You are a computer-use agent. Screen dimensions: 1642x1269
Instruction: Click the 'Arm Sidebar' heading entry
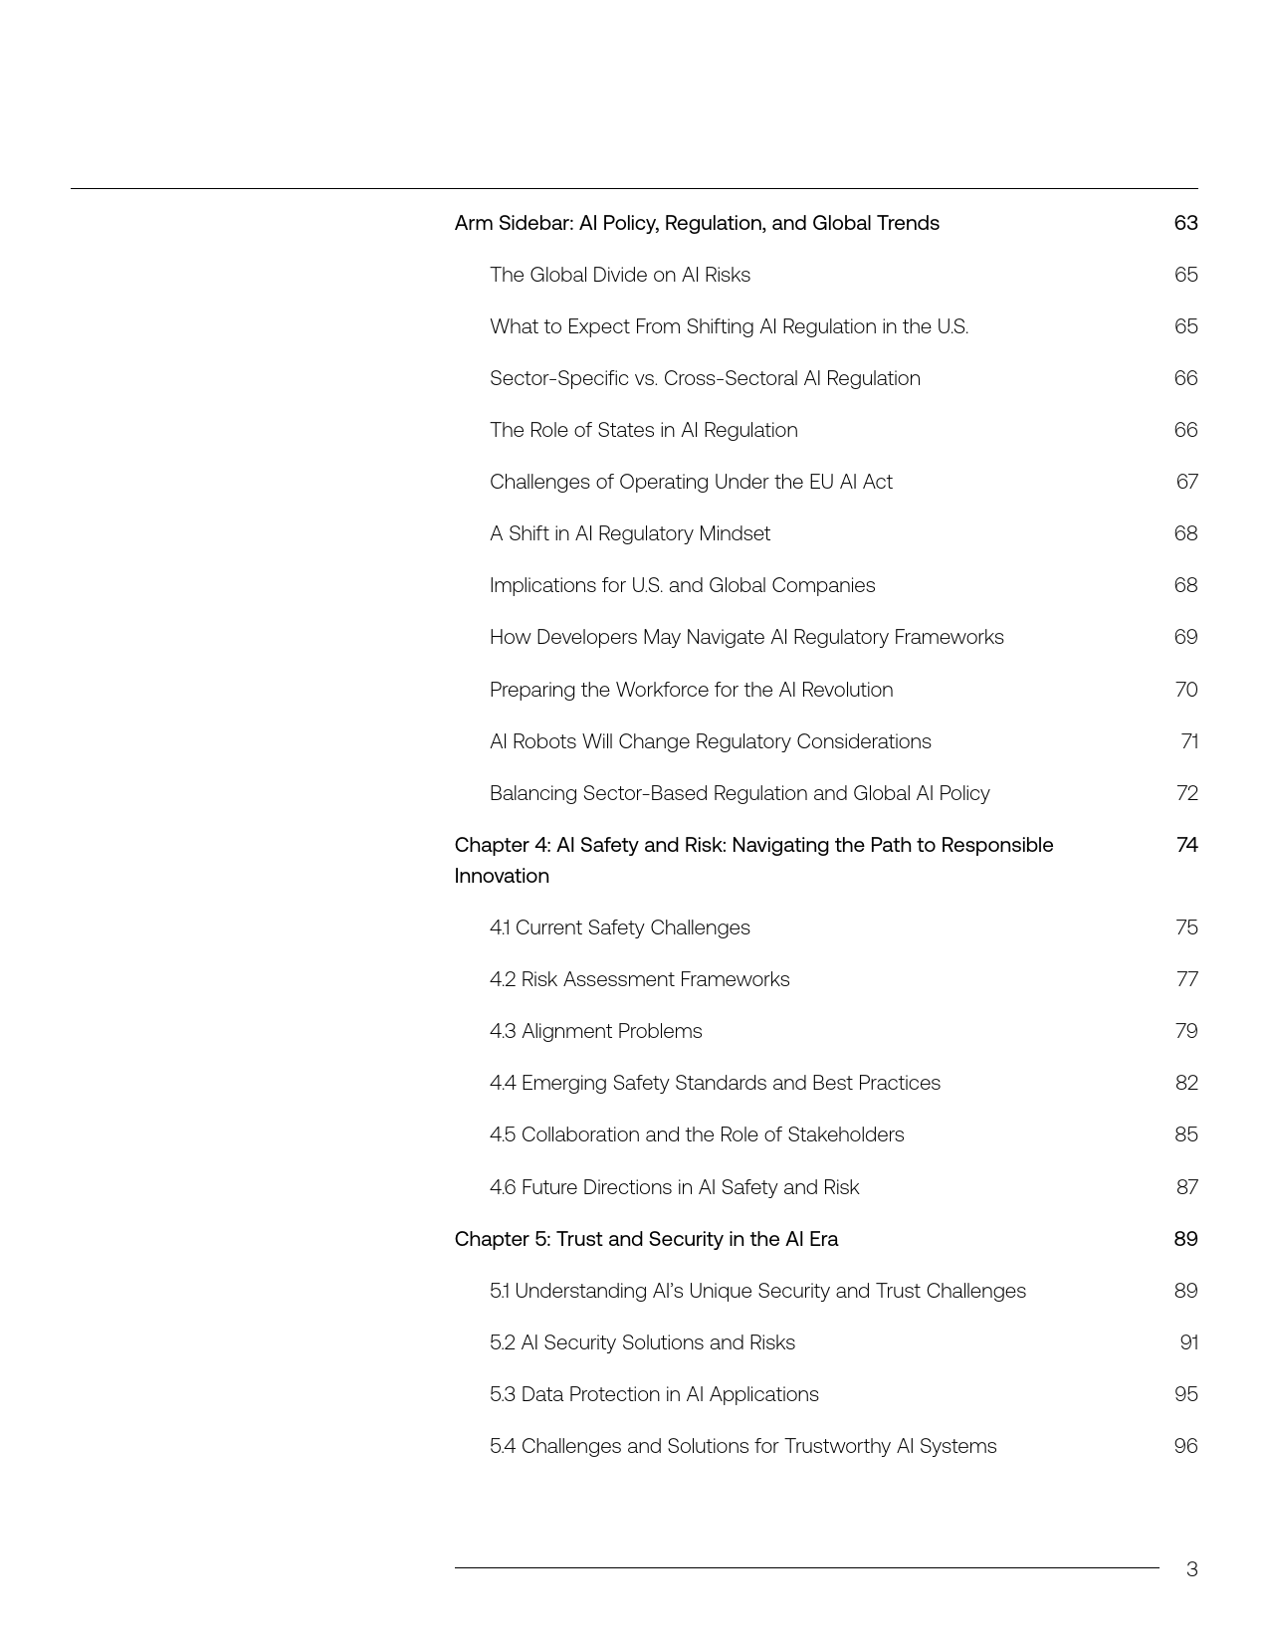(x=696, y=223)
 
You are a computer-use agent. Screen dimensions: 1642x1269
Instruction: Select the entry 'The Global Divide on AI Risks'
(x=619, y=275)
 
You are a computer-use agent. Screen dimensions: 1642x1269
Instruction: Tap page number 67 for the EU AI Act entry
(x=1186, y=482)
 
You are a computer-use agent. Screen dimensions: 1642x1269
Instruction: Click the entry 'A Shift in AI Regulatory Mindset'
(x=629, y=533)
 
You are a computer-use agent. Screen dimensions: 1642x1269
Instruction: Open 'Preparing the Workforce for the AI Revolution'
(x=691, y=690)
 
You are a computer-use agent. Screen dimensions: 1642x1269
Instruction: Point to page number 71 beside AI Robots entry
(x=1188, y=741)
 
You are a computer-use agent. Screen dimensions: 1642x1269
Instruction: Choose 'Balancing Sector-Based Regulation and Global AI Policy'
(x=739, y=793)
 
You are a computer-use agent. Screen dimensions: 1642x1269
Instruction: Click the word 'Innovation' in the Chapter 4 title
(x=502, y=876)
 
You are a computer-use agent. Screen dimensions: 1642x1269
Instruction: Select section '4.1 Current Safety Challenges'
(x=619, y=927)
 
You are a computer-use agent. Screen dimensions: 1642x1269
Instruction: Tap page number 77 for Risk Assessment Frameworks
(x=1186, y=979)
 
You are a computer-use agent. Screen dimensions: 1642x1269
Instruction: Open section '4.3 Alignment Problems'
(x=595, y=1031)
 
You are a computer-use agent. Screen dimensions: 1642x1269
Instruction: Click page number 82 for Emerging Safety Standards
(x=1185, y=1083)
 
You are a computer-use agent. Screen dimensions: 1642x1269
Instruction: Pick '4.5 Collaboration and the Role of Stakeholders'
(x=696, y=1134)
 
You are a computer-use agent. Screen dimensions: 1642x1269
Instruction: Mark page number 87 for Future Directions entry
(x=1186, y=1187)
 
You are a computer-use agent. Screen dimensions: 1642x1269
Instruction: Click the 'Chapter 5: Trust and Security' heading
(x=646, y=1239)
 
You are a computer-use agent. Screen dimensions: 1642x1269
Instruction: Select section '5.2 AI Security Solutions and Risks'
(x=642, y=1342)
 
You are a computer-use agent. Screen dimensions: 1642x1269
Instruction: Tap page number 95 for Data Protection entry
(x=1185, y=1394)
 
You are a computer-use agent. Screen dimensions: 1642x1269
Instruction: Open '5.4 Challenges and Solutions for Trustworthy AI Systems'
(x=742, y=1446)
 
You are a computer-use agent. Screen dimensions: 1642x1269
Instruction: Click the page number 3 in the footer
(x=1191, y=1569)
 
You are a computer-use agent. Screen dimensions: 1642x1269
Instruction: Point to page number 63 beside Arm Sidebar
(x=1185, y=223)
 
